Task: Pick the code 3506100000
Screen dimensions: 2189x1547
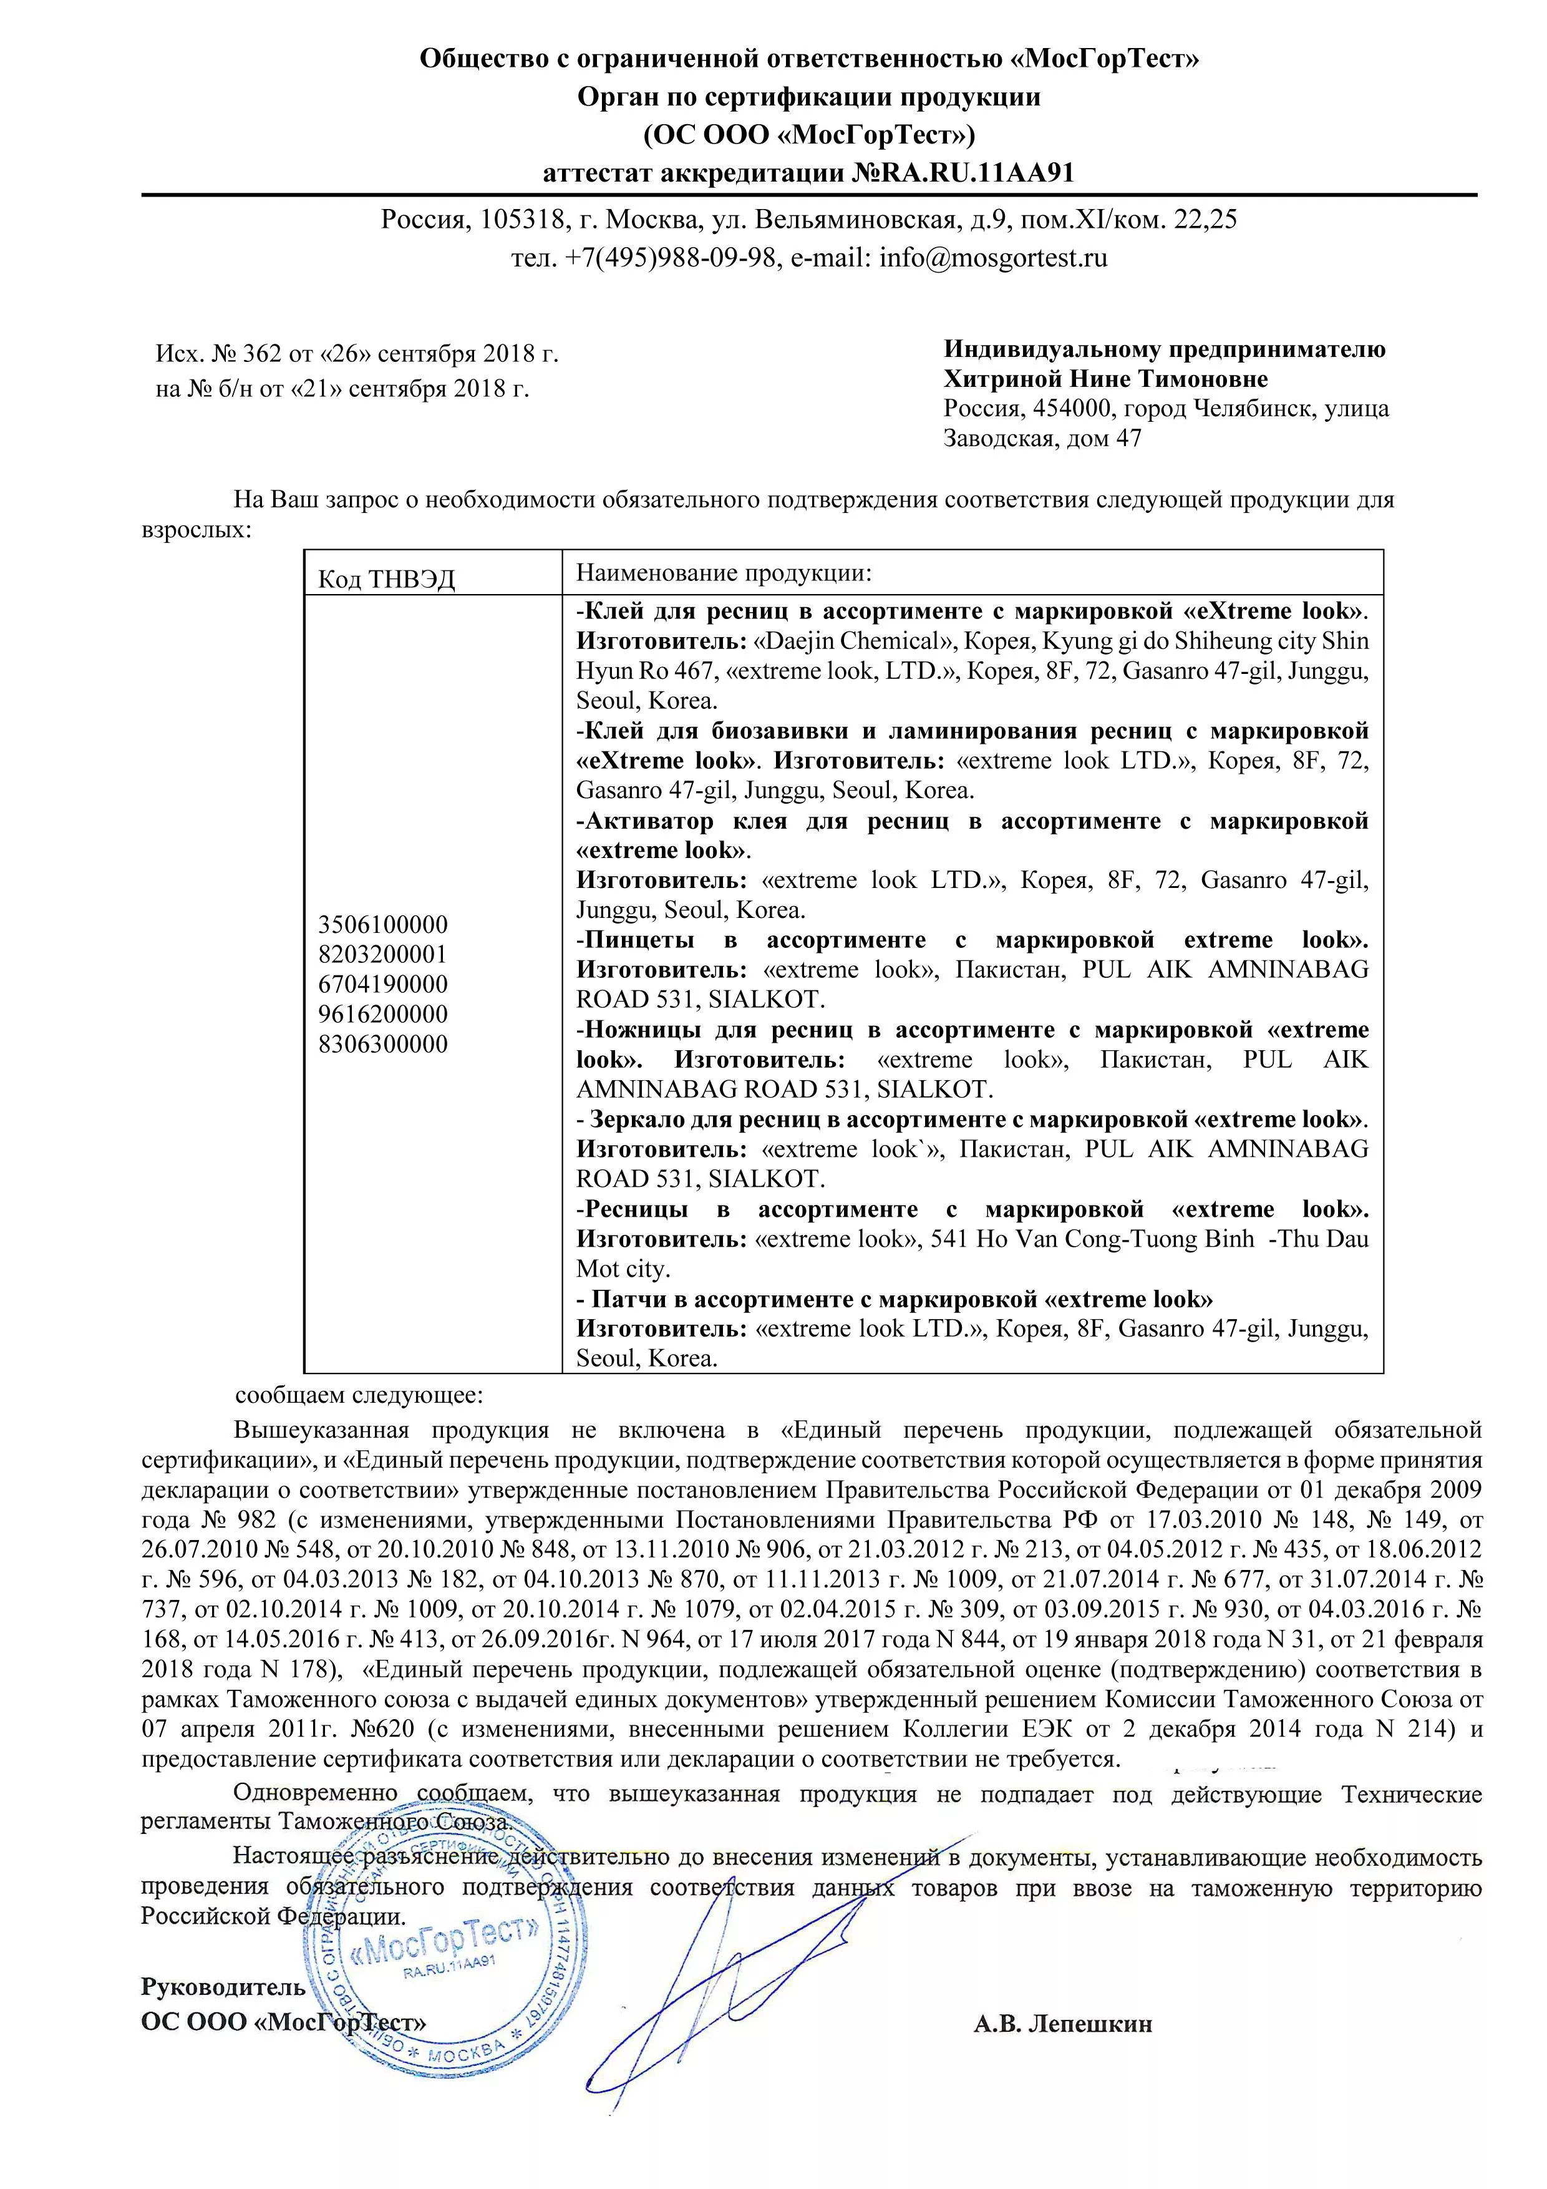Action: pyautogui.click(x=383, y=925)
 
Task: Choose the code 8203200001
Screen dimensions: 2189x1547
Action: pyautogui.click(x=383, y=954)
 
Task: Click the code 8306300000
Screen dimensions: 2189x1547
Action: pyautogui.click(x=383, y=1044)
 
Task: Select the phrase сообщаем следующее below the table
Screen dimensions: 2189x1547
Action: pyautogui.click(x=359, y=1396)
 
